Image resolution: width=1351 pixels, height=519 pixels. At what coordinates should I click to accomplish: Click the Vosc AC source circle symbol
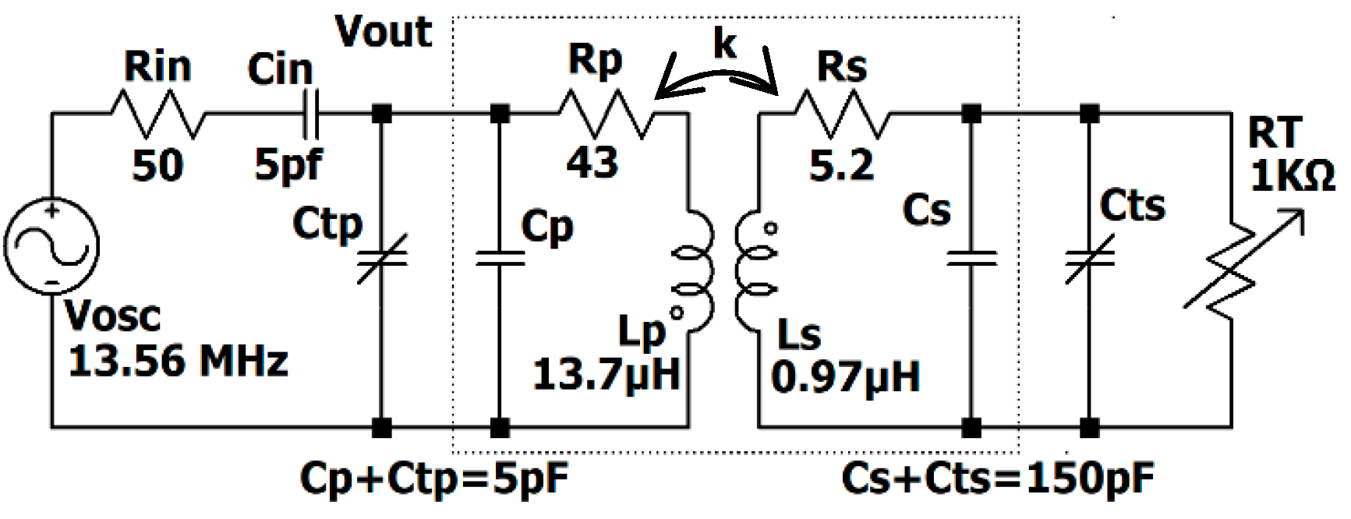(x=51, y=245)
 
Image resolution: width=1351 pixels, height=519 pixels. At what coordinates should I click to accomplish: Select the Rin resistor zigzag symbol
(x=159, y=115)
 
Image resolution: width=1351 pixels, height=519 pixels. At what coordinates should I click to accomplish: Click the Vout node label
(x=383, y=33)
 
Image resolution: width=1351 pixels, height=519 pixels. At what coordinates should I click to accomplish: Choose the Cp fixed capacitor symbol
(x=500, y=259)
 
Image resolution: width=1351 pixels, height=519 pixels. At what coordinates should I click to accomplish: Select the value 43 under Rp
(x=592, y=163)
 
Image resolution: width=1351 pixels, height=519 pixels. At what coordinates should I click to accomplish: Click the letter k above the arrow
(x=724, y=43)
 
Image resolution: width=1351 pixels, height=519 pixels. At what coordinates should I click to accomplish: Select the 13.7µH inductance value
(x=606, y=374)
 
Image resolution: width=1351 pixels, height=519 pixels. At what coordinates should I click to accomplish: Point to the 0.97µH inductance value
(x=845, y=376)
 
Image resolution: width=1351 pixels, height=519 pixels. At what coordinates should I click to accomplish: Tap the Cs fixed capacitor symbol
(x=971, y=259)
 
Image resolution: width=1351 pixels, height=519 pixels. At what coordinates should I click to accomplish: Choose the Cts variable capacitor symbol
(x=1090, y=259)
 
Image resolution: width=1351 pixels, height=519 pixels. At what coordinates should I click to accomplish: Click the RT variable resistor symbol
(x=1232, y=265)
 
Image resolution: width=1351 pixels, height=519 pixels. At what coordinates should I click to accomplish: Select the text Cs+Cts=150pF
(x=998, y=478)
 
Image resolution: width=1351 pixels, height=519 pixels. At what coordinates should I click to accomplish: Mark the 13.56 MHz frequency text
(x=178, y=362)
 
